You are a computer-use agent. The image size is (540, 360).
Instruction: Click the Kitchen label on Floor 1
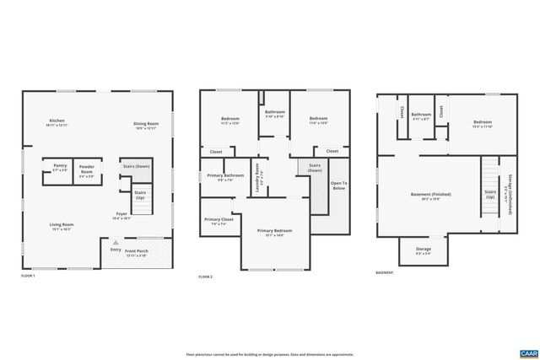click(57, 123)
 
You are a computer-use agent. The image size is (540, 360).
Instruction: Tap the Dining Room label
click(146, 126)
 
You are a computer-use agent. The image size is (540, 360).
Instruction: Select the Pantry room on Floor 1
click(59, 169)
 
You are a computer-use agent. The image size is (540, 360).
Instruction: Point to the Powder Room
click(86, 172)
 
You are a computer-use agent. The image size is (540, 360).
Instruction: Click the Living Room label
click(62, 226)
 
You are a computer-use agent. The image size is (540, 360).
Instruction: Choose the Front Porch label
click(137, 253)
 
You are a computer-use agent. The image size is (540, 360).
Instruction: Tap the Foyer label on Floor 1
click(121, 215)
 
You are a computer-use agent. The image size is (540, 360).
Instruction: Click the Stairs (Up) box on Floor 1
click(139, 195)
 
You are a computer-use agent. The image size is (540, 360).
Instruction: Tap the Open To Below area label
click(338, 185)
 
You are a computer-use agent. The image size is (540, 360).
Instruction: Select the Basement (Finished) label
click(431, 196)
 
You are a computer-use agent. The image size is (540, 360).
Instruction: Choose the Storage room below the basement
click(423, 250)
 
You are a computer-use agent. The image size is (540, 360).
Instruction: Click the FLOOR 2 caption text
click(205, 277)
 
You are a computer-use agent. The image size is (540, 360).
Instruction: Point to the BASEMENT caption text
click(385, 272)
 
